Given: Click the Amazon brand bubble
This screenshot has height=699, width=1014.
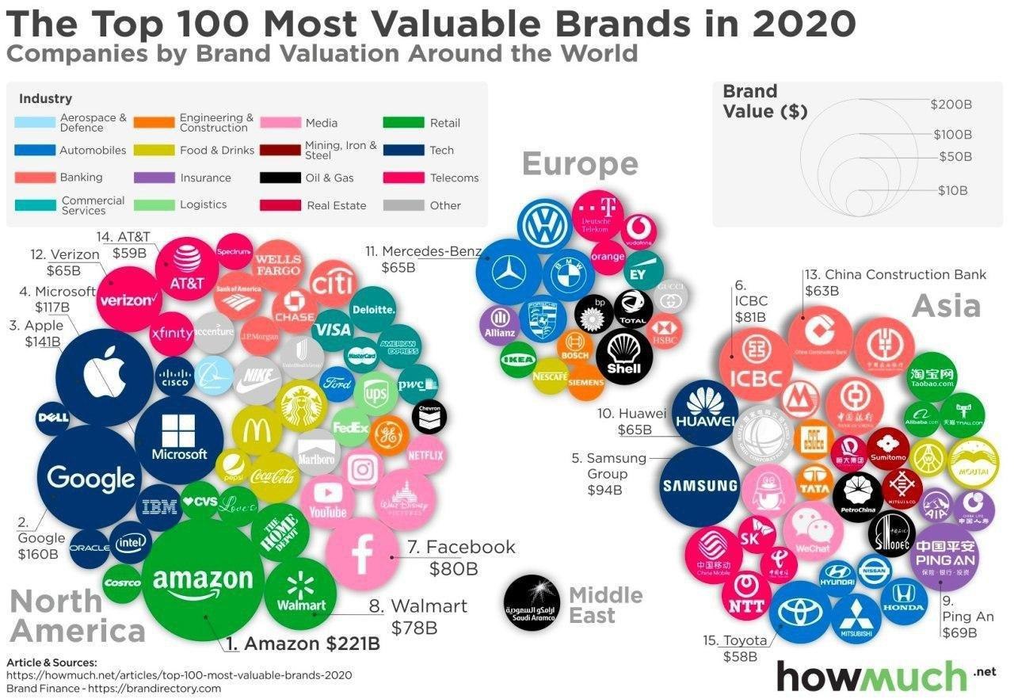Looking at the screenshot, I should (x=203, y=582).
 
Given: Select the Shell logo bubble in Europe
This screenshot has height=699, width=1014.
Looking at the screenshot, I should (x=623, y=357).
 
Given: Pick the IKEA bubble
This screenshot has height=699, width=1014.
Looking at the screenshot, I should (x=518, y=360).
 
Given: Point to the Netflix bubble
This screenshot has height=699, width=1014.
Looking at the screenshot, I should (x=425, y=456).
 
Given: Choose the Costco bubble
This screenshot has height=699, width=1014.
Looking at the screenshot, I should (x=122, y=583).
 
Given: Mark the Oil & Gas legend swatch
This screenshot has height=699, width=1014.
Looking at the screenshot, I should (x=279, y=178).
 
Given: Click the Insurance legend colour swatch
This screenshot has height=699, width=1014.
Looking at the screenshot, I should (x=154, y=178).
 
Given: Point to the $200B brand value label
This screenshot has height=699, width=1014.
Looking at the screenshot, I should (x=951, y=104).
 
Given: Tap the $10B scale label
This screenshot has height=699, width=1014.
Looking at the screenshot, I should (x=953, y=190).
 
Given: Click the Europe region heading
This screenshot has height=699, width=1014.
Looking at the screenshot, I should (x=580, y=164).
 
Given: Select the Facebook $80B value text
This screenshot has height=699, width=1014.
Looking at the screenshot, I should (x=453, y=568).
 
